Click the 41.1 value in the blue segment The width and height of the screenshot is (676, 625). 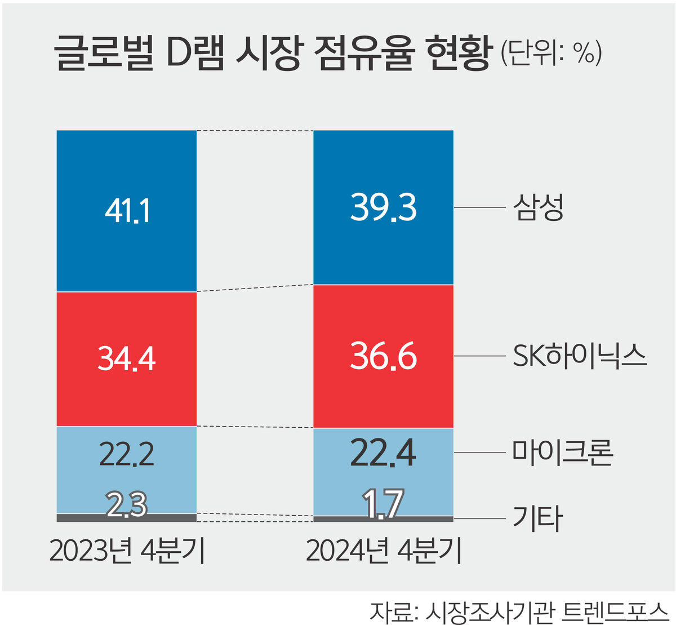pyautogui.click(x=127, y=211)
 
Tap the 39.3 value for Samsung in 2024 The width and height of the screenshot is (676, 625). pyautogui.click(x=383, y=207)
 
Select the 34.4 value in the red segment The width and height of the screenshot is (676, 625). pyautogui.click(x=127, y=358)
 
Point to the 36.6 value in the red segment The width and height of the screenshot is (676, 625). pyautogui.click(x=383, y=356)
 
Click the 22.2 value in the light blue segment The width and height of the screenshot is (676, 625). pyautogui.click(x=127, y=454)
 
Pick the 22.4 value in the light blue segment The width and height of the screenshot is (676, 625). pyautogui.click(x=383, y=453)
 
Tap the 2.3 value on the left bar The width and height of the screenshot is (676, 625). pyautogui.click(x=127, y=504)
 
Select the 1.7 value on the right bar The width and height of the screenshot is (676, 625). pyautogui.click(x=383, y=503)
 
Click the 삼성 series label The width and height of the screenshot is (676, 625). pyautogui.click(x=538, y=207)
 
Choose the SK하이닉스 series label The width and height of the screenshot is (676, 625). pyautogui.click(x=580, y=356)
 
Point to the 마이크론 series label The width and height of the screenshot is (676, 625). pyautogui.click(x=562, y=453)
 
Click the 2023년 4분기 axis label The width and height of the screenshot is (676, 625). pyautogui.click(x=127, y=551)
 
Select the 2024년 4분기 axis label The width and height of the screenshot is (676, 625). pyautogui.click(x=383, y=551)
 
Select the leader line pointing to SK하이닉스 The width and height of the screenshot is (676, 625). pyautogui.click(x=479, y=356)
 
